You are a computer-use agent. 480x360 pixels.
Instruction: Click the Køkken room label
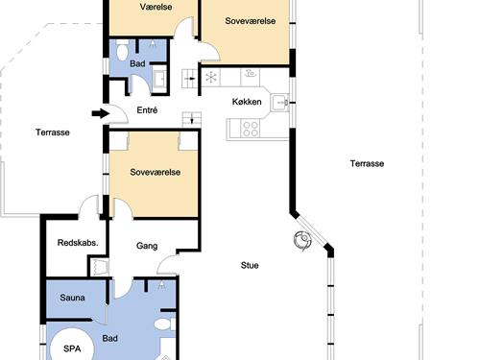pos(247,102)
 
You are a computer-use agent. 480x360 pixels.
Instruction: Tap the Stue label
pos(250,265)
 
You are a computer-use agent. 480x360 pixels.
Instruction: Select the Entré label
pos(147,110)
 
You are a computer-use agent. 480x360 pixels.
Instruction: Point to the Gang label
pos(147,246)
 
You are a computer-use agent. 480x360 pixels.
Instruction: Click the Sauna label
pos(72,298)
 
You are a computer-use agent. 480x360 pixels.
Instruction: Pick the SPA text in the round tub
pos(72,348)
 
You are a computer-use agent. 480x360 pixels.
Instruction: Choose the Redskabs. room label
pos(78,243)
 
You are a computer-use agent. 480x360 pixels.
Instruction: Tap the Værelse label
pos(156,7)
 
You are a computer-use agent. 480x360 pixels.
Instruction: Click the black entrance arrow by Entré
pos(101,113)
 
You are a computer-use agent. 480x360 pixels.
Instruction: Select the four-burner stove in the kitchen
pos(251,129)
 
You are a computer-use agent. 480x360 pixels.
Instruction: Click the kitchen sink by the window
pos(279,103)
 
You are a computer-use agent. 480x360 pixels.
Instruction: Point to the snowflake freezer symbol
pos(211,78)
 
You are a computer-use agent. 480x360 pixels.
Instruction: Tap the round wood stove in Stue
pos(302,240)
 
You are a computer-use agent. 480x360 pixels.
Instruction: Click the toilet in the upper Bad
pos(122,51)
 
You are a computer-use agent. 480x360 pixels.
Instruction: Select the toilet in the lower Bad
pos(165,324)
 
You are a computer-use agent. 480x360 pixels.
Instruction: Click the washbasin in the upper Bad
pos(159,78)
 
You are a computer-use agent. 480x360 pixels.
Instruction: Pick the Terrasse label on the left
pos(53,132)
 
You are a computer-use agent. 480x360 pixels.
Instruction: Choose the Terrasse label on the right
pos(367,163)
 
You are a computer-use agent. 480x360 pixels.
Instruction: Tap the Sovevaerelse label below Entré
pos(156,172)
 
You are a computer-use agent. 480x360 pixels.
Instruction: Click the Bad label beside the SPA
pos(110,338)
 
